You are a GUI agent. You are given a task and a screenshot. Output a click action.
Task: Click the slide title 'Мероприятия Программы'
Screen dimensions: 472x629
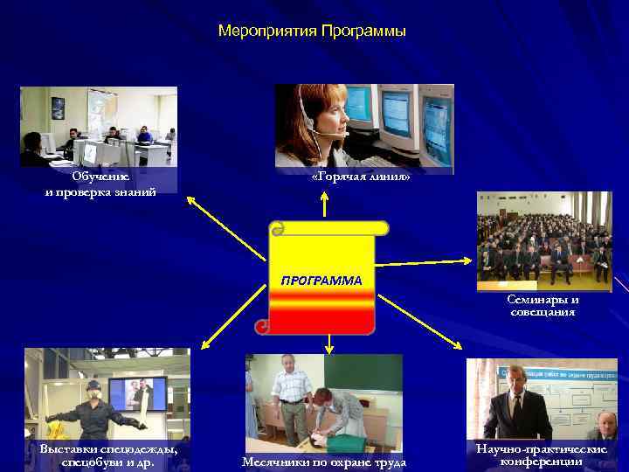click(x=312, y=31)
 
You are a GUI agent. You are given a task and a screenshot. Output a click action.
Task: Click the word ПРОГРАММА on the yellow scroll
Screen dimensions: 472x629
click(x=321, y=281)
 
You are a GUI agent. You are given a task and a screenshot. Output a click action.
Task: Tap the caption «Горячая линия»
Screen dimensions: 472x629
click(x=360, y=177)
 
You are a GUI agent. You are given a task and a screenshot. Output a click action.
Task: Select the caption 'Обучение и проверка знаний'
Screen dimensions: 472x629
click(x=100, y=184)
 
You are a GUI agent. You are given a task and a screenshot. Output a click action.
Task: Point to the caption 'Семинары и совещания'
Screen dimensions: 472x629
click(x=543, y=305)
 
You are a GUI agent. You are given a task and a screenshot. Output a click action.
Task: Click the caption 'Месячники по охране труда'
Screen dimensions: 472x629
click(x=323, y=462)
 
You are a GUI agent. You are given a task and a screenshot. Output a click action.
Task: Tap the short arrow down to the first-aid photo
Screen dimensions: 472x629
click(x=328, y=344)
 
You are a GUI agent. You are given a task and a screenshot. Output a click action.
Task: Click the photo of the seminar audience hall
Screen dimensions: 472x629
click(x=544, y=238)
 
